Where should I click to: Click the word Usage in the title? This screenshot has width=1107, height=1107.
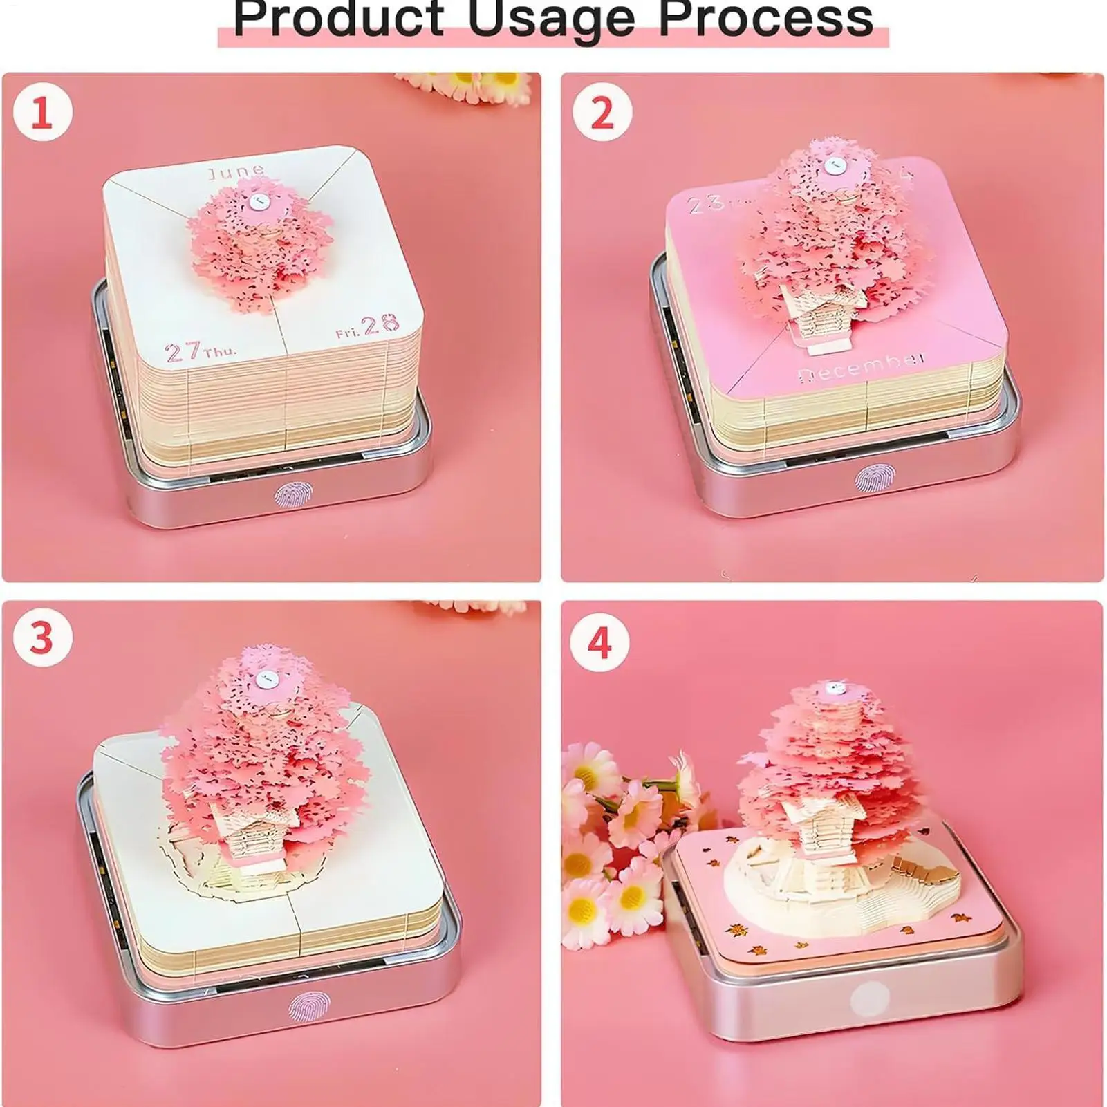coord(551,19)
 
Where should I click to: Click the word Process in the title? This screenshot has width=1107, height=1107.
coord(765,18)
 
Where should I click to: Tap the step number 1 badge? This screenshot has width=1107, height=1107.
coord(42,112)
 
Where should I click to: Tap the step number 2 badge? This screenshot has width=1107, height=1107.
coord(602,112)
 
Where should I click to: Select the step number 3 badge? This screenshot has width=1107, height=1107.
coord(42,637)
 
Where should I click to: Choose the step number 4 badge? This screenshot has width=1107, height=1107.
coord(599,642)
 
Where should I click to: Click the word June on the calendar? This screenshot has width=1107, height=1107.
coord(236,171)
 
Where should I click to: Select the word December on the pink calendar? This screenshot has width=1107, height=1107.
coord(862,366)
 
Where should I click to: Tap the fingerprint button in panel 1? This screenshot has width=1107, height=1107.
coord(288,494)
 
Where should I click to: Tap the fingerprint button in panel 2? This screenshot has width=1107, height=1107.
coord(870,478)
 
